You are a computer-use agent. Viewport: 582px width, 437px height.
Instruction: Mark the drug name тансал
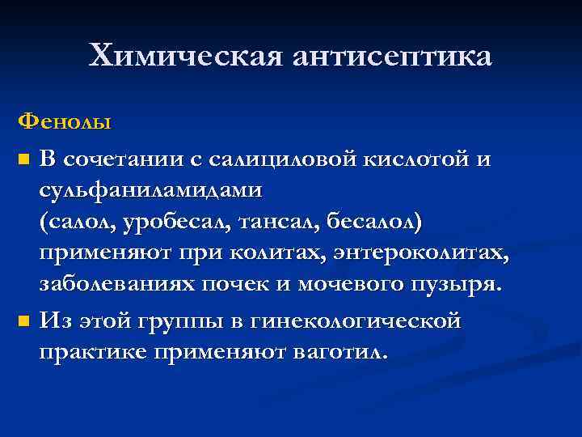pos(280,223)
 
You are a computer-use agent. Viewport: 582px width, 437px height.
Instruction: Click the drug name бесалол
pos(378,223)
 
